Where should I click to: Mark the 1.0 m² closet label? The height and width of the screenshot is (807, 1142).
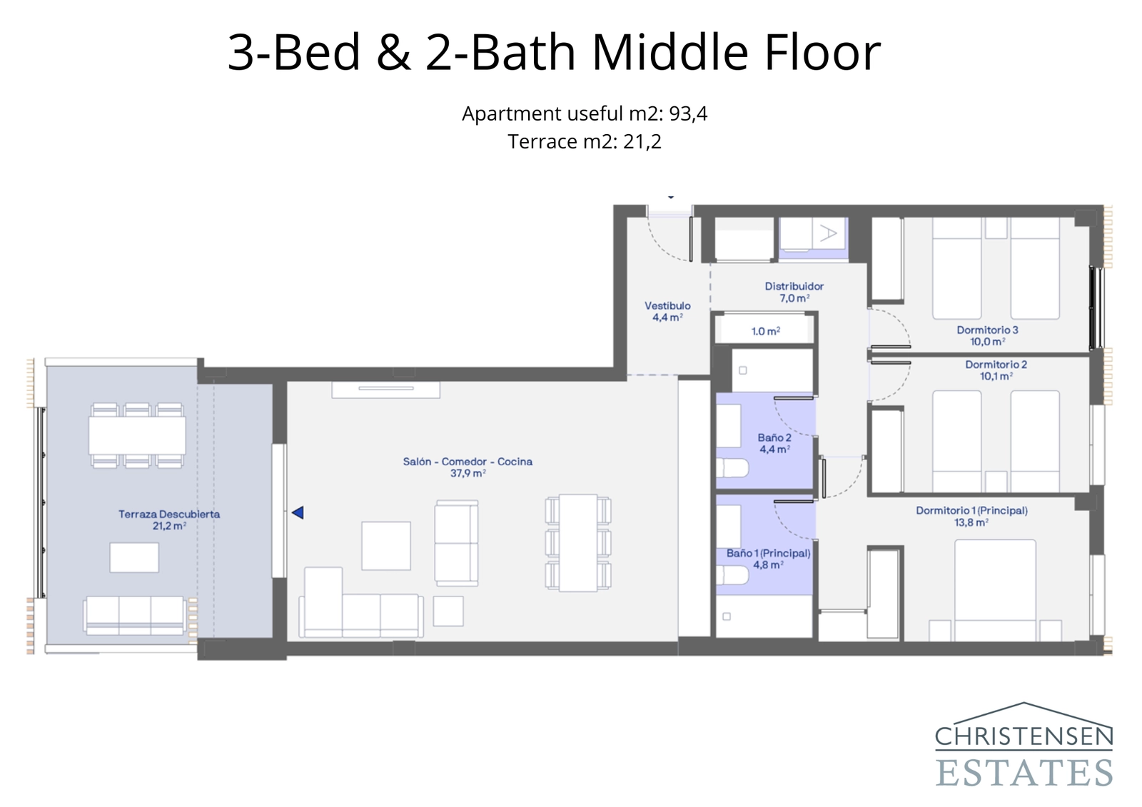pyautogui.click(x=765, y=331)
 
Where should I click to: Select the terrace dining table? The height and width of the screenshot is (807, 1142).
pyautogui.click(x=137, y=435)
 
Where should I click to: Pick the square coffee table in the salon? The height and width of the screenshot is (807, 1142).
pyautogui.click(x=385, y=546)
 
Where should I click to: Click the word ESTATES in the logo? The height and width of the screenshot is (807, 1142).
pyautogui.click(x=1024, y=773)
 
